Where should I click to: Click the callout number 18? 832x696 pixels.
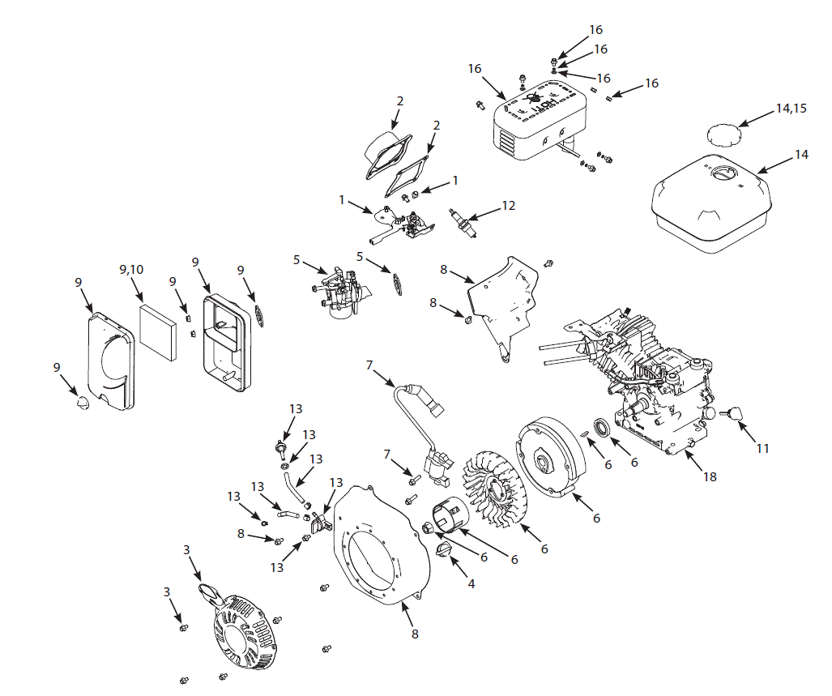710,477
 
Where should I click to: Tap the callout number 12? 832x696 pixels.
508,206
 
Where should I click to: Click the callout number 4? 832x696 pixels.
465,581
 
